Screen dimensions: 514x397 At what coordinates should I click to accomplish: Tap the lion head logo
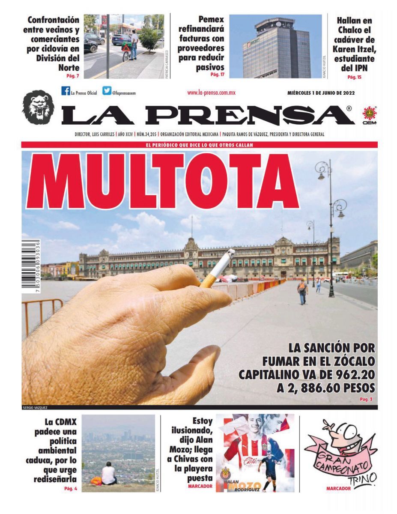(38, 108)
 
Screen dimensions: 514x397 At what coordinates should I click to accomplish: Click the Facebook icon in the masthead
(66, 91)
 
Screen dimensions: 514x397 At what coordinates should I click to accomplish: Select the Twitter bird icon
(106, 91)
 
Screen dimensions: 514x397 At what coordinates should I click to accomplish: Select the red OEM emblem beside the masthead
(369, 114)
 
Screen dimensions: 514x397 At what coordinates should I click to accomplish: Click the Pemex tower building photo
(277, 47)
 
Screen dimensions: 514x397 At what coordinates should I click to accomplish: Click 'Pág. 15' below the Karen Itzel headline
(354, 77)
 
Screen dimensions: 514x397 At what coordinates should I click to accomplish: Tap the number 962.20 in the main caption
(354, 374)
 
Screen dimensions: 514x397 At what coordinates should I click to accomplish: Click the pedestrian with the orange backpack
(302, 290)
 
